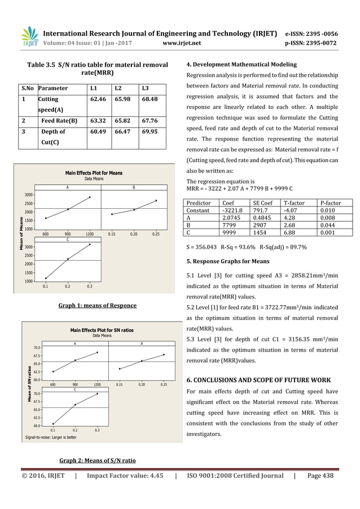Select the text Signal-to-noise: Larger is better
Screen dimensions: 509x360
pyautogui.click(x=51, y=437)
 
